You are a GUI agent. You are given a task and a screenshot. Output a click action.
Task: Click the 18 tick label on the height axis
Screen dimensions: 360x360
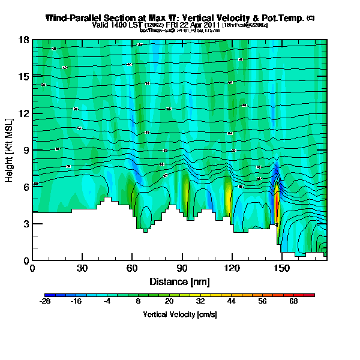coord(25,40)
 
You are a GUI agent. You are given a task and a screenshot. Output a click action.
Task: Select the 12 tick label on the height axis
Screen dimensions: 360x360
coord(25,113)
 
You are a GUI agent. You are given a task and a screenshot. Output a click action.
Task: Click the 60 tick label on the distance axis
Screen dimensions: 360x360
coord(131,268)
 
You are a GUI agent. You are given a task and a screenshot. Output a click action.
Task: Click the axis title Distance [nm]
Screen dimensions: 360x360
coord(179,281)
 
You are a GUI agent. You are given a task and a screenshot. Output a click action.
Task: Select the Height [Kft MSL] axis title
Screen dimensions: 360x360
coord(10,150)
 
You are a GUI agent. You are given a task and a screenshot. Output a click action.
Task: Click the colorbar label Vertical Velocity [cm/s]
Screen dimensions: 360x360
coord(179,314)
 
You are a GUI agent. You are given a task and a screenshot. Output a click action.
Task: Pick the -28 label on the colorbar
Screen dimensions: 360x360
coord(45,302)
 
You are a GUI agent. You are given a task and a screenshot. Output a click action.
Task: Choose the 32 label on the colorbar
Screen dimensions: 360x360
coord(200,302)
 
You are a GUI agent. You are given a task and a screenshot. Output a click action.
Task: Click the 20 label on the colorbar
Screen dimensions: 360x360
coord(169,302)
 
